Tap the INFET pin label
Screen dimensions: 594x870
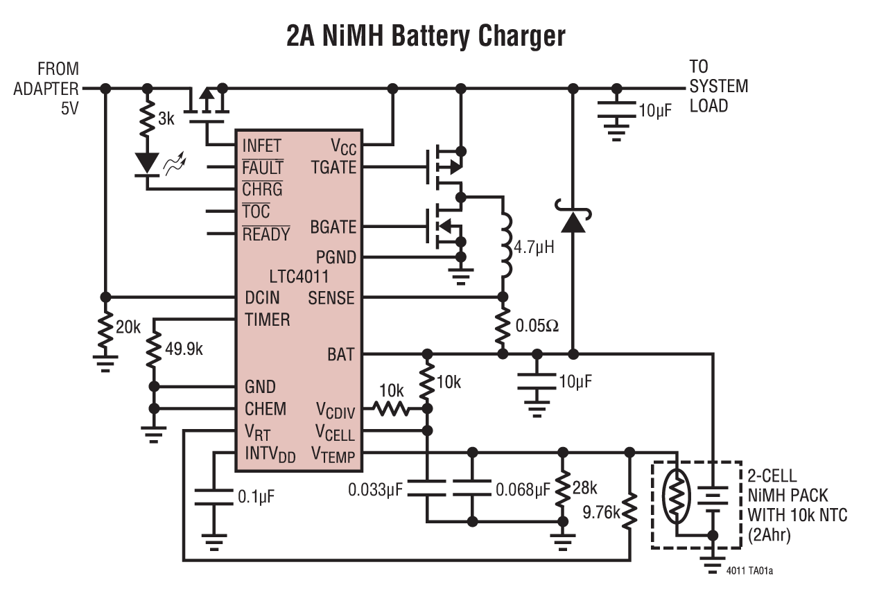point(261,146)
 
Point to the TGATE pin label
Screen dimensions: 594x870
point(333,167)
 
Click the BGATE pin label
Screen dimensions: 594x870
point(333,227)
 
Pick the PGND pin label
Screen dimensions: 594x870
point(336,257)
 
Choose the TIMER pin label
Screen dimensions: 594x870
point(268,320)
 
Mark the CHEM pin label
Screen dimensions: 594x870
point(266,409)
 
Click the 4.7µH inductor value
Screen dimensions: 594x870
point(534,246)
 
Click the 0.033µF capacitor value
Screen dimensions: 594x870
point(376,491)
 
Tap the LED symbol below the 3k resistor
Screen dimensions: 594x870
point(147,164)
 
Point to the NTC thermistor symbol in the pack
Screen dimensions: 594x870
point(676,496)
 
